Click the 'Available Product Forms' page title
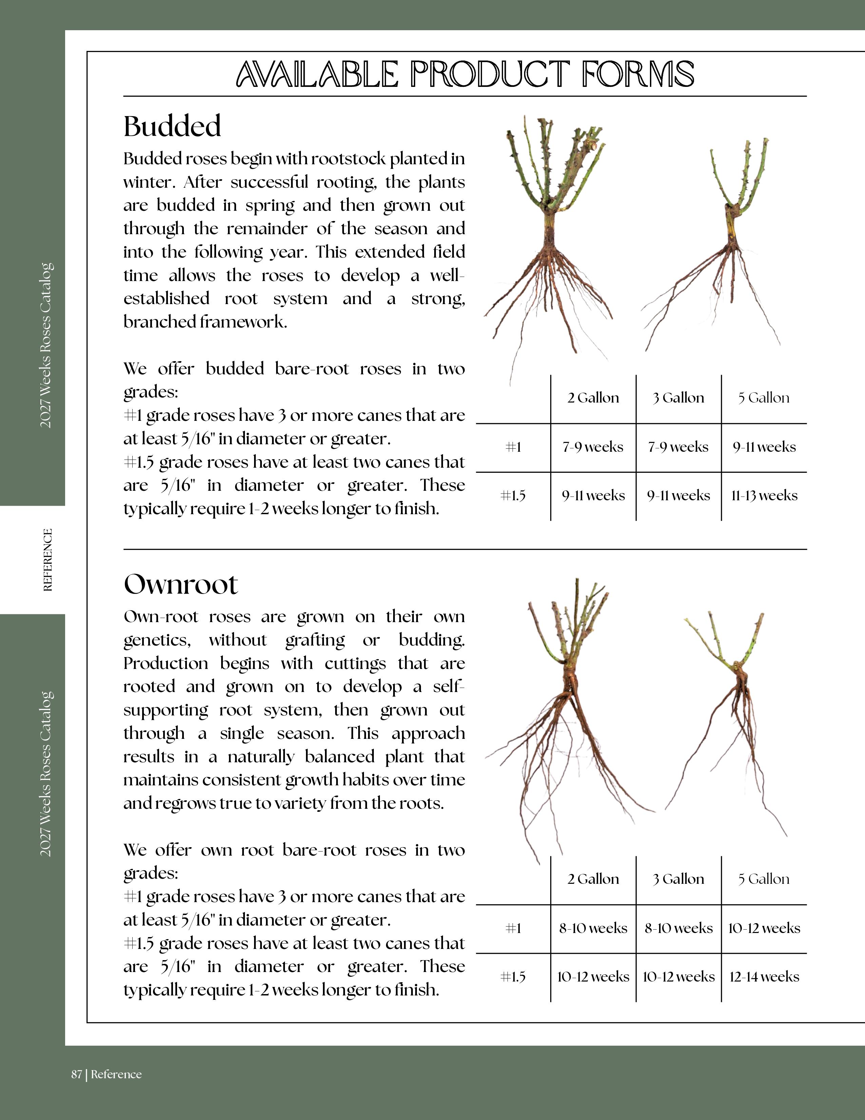coord(465,74)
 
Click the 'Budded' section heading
coord(172,126)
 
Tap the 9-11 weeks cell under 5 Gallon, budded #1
coord(764,447)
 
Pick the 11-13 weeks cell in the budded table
coord(764,496)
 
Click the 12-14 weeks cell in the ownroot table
coord(764,977)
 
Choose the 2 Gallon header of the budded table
coord(593,398)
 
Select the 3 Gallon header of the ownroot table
coord(678,879)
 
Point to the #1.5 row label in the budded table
coord(513,496)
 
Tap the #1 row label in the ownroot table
coord(513,928)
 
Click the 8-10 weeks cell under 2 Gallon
coord(593,928)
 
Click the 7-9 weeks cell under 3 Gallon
coord(678,447)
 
